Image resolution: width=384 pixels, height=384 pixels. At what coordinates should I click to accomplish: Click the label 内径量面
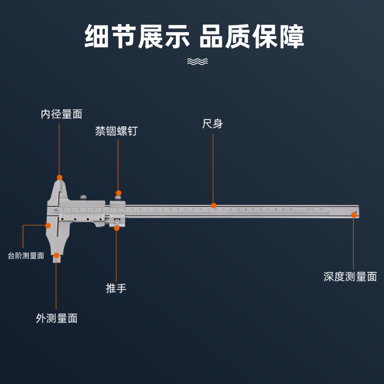point(61,114)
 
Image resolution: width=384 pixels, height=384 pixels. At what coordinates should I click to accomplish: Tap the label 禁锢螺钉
point(116,131)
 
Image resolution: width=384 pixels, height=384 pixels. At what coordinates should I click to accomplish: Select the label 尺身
point(213,124)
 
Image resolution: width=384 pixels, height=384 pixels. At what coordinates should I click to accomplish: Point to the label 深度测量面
point(350,276)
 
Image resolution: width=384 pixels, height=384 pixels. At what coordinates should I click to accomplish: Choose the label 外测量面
point(56,318)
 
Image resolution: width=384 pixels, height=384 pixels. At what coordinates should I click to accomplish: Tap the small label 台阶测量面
point(26,256)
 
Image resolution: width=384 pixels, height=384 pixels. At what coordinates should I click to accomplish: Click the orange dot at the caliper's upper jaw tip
point(60,177)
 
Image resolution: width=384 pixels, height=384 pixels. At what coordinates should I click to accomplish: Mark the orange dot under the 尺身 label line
point(214,205)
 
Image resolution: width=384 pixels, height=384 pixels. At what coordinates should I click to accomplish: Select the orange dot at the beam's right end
point(354,215)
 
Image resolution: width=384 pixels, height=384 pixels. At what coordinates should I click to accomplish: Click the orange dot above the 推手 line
point(117,228)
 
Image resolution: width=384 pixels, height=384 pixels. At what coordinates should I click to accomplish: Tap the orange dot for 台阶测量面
point(48,225)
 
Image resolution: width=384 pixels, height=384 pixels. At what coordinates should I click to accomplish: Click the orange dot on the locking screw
point(118,193)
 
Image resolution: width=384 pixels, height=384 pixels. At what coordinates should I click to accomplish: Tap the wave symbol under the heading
point(197,61)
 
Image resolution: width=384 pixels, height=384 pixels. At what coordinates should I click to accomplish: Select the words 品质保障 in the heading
point(252,37)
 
